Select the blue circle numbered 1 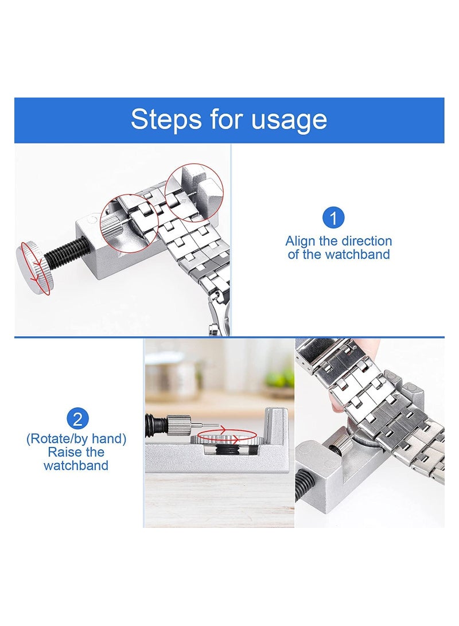333,218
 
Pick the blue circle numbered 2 77,418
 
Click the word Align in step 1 300,241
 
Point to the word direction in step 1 364,241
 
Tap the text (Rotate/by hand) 76,439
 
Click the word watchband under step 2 76,465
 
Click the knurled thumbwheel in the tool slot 221,442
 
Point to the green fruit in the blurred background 281,377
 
